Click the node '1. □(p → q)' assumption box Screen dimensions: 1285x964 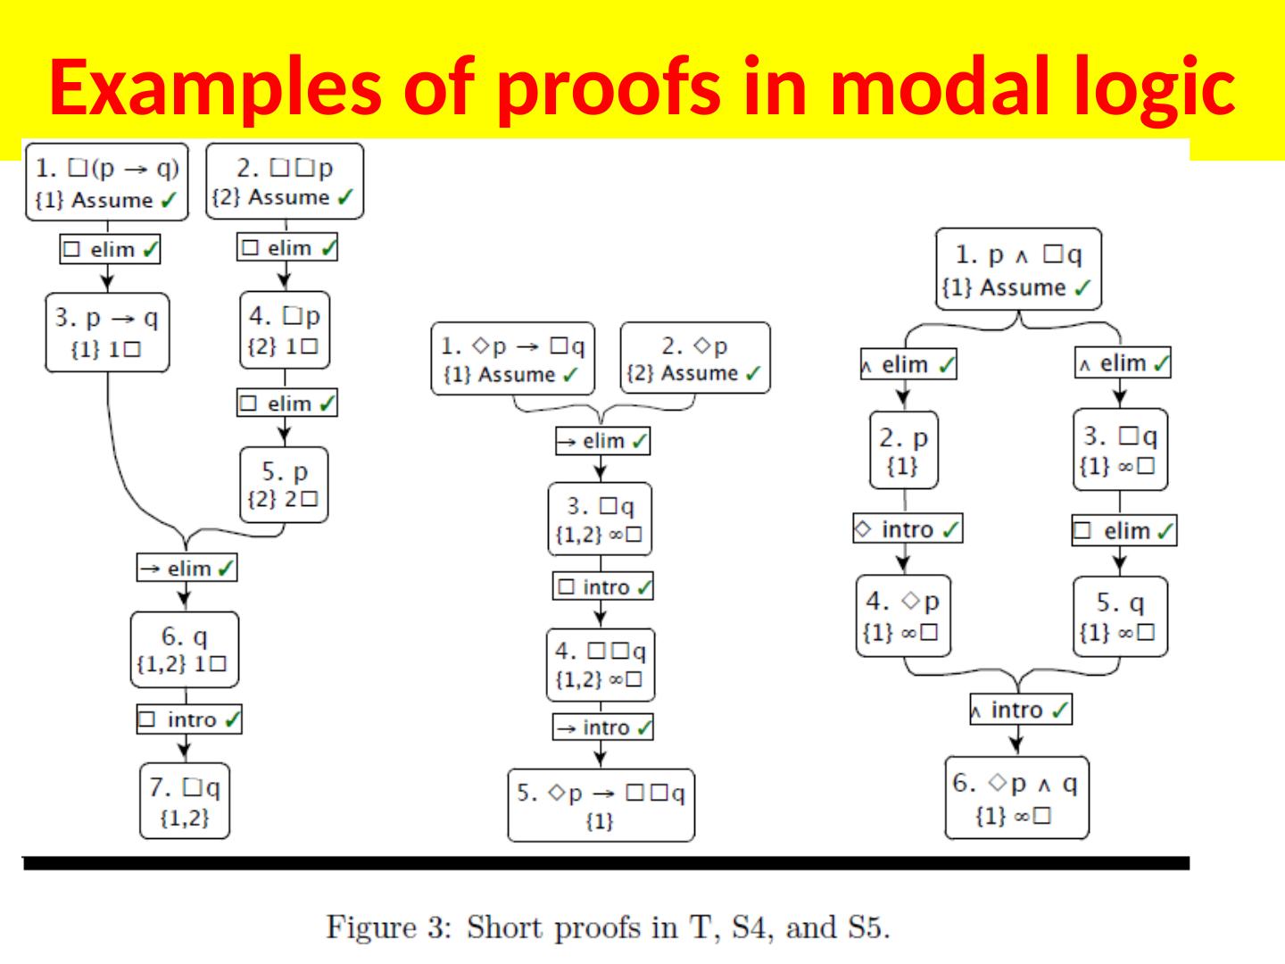[x=107, y=182]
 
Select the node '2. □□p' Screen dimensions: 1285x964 [x=285, y=181]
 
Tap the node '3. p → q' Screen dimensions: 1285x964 [x=107, y=332]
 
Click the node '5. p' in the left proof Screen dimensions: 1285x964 [x=285, y=485]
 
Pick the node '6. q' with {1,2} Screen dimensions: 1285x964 [x=185, y=649]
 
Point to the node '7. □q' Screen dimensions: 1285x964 [x=185, y=801]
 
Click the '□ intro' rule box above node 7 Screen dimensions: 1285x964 [x=189, y=719]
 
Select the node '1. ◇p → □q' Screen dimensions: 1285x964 [x=513, y=358]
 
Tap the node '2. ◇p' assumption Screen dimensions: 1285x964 [x=694, y=358]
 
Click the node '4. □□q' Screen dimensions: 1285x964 [x=600, y=665]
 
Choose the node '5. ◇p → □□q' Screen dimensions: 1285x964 [x=601, y=805]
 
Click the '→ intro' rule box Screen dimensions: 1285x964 [x=602, y=727]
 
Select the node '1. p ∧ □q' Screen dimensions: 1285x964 [x=1018, y=269]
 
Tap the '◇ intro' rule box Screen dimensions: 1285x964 [x=908, y=529]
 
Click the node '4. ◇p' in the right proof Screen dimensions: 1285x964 [x=902, y=616]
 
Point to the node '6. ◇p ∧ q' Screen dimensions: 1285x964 [x=1016, y=798]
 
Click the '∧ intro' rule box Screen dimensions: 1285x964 [x=1020, y=710]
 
